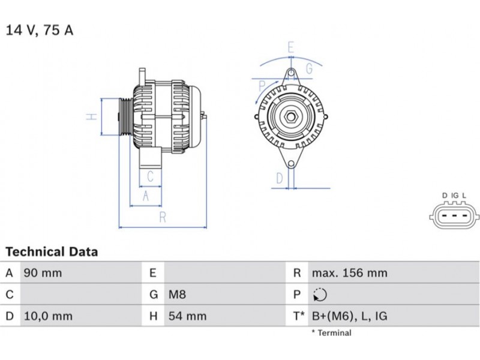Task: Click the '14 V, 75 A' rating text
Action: point(40,30)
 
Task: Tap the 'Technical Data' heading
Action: point(52,251)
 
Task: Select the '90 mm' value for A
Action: point(42,273)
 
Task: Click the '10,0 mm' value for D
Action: point(47,316)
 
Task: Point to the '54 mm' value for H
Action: point(186,316)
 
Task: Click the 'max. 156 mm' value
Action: point(349,273)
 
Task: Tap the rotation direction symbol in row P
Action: point(320,295)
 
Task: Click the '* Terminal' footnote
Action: point(331,332)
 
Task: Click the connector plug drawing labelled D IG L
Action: point(454,217)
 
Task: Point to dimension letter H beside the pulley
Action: point(91,116)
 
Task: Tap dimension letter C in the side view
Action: point(151,176)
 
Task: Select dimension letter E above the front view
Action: point(291,47)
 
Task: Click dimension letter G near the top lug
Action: point(309,68)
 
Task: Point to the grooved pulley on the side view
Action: point(126,116)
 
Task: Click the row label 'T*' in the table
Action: point(298,316)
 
